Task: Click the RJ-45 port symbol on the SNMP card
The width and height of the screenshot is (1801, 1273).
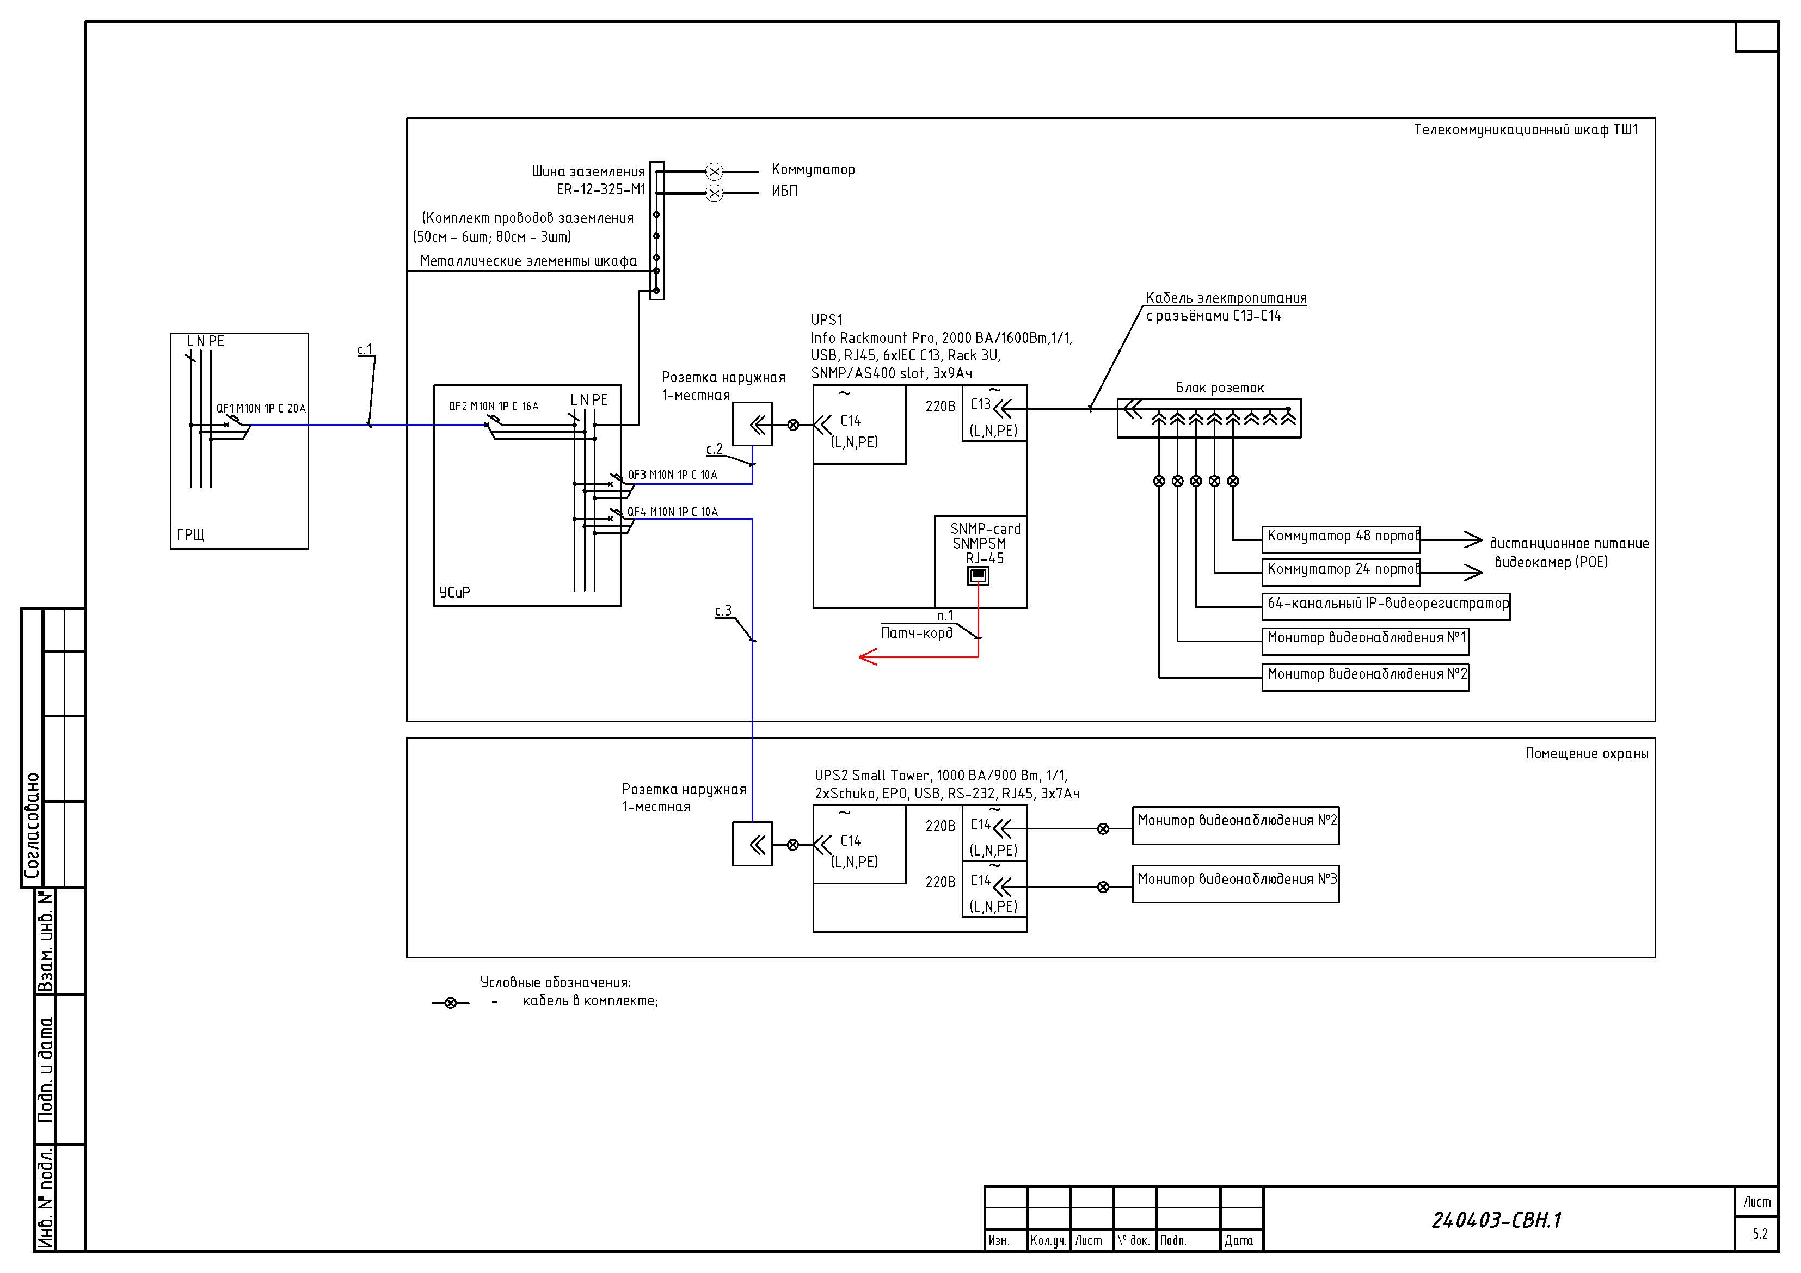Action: [x=978, y=576]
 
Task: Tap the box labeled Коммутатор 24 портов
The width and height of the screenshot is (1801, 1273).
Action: [x=1341, y=572]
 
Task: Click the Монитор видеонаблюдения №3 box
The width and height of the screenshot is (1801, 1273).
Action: [x=1236, y=884]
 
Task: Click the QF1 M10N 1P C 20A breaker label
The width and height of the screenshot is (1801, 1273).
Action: [x=261, y=409]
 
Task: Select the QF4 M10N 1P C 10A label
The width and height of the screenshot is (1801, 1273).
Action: [x=672, y=512]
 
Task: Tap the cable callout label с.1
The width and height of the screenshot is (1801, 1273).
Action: [x=365, y=350]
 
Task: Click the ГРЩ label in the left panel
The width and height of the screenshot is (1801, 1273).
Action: [x=190, y=535]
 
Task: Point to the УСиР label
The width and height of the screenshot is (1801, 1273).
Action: [x=455, y=592]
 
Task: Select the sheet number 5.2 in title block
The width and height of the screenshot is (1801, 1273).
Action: [x=1760, y=1234]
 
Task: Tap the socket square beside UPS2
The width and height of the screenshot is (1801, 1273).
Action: [x=752, y=844]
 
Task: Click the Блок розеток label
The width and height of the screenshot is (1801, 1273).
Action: [x=1220, y=388]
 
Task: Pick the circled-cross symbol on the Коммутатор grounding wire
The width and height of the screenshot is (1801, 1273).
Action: [x=714, y=171]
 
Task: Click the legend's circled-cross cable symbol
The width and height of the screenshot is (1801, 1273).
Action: [x=450, y=1003]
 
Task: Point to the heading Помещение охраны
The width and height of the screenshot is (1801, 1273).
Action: [x=1587, y=753]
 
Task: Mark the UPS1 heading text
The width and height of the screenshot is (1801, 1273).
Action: [x=827, y=320]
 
